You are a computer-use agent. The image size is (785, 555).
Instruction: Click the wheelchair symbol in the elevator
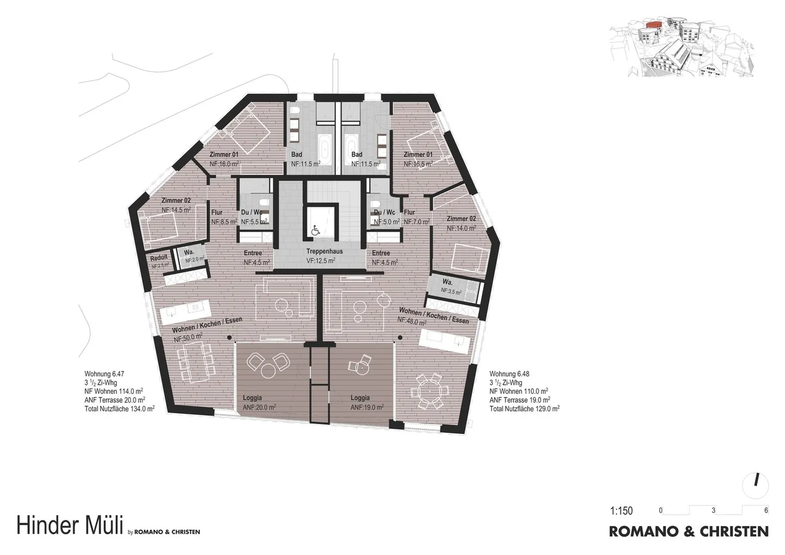(315, 231)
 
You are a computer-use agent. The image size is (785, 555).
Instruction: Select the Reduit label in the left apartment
(159, 258)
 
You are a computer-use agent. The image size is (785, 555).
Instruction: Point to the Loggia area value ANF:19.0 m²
(367, 407)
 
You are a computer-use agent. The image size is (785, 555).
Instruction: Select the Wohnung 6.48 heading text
(509, 374)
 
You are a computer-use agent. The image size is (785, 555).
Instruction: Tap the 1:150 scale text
(621, 511)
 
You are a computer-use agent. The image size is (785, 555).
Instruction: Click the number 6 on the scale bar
(766, 511)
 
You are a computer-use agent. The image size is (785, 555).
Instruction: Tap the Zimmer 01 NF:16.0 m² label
(224, 159)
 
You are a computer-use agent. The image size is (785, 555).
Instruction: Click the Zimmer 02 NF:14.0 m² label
(461, 224)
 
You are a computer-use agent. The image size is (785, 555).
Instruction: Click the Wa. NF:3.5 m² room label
(451, 287)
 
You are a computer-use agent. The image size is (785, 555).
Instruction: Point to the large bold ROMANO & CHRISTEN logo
(689, 531)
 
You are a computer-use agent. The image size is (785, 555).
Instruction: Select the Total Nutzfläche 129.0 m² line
(524, 408)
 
